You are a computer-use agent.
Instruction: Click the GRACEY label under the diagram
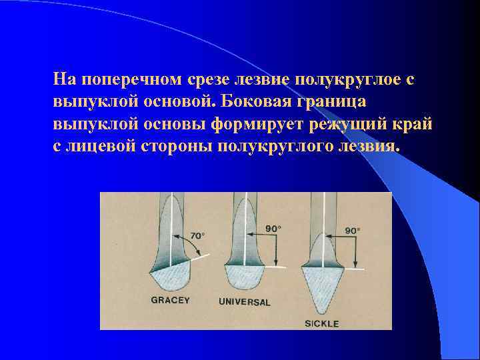point(171,300)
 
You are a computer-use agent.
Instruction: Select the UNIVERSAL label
point(245,302)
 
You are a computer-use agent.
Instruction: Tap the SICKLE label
point(322,323)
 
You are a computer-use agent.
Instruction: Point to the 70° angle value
point(197,235)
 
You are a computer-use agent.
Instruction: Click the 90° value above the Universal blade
point(273,228)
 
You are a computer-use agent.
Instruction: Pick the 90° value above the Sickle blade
point(352,230)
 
